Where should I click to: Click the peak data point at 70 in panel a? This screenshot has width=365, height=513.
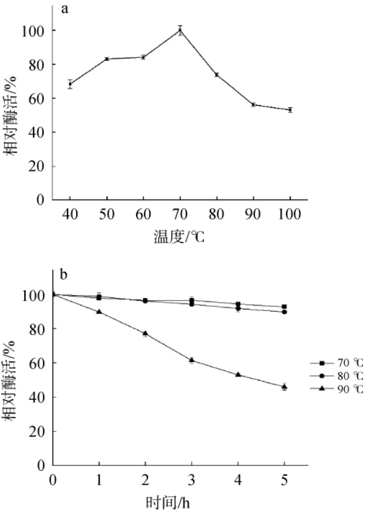coord(180,30)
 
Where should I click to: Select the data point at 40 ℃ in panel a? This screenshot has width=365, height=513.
coord(70,84)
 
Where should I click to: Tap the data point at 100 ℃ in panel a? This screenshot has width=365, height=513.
coord(290,110)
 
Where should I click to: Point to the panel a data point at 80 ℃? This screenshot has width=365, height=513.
coord(217,74)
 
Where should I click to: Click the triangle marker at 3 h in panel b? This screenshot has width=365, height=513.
coord(192,360)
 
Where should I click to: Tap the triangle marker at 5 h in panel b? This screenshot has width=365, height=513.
coord(284,386)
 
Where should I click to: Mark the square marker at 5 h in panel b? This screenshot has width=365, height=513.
coord(284,306)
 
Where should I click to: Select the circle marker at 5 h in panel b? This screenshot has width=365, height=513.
coord(284,312)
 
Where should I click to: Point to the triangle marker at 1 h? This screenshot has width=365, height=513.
coord(99,311)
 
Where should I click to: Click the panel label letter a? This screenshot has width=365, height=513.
coord(63,9)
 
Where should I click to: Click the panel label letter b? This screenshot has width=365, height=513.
coord(63,275)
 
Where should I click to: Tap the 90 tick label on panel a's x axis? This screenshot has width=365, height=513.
coord(253,214)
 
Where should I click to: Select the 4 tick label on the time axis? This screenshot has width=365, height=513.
coord(238,480)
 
